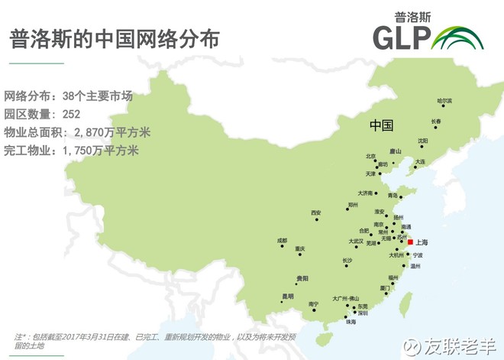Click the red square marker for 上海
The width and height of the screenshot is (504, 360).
pyautogui.click(x=410, y=242)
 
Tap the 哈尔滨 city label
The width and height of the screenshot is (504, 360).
pyautogui.click(x=444, y=101)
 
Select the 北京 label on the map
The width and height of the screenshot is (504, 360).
pyautogui.click(x=370, y=156)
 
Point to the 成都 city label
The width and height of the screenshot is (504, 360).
pyautogui.click(x=283, y=240)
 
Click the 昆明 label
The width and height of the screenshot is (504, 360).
pyautogui.click(x=287, y=296)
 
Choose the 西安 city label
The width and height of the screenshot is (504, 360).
pyautogui.click(x=316, y=212)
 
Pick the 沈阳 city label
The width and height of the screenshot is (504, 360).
pyautogui.click(x=422, y=141)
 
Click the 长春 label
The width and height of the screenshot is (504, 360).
pyautogui.click(x=436, y=121)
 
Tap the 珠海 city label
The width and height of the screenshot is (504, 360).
pyautogui.click(x=351, y=323)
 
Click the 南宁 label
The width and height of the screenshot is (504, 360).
pyautogui.click(x=313, y=304)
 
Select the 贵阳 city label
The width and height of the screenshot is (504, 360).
pyautogui.click(x=303, y=278)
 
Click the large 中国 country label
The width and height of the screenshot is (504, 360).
pyautogui.click(x=380, y=125)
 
